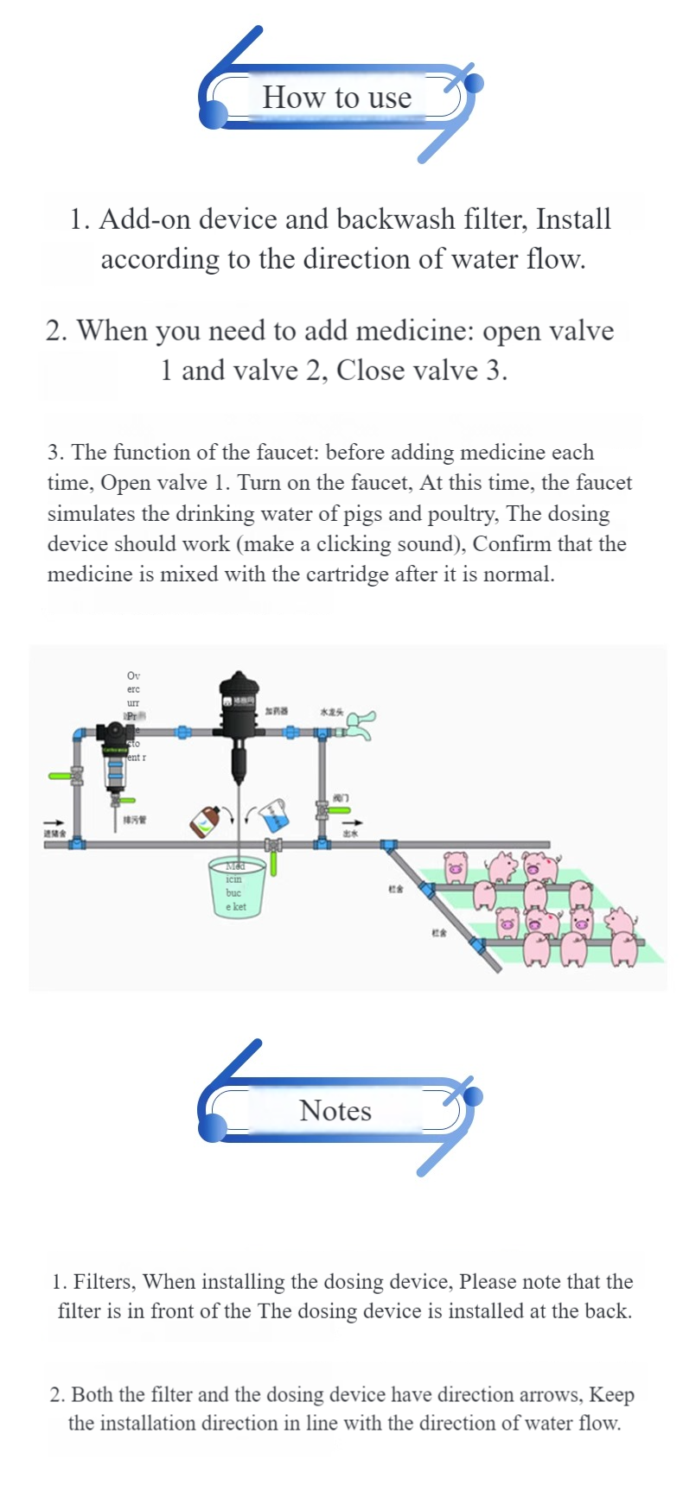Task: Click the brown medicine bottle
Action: (x=204, y=822)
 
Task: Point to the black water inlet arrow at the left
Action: (x=54, y=822)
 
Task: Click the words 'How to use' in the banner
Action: (x=336, y=98)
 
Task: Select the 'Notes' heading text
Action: (x=335, y=1110)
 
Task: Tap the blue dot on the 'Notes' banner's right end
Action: (x=473, y=1096)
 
